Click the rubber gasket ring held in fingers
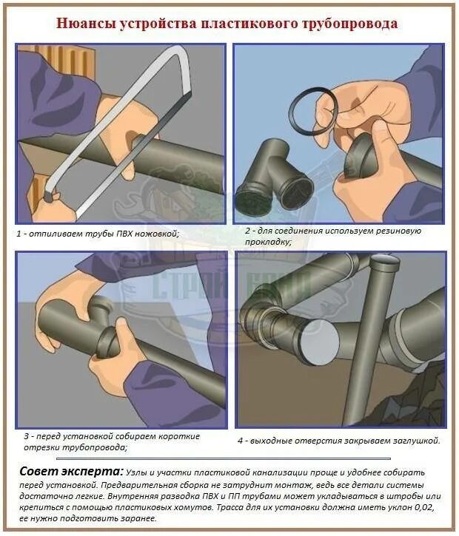click(x=313, y=112)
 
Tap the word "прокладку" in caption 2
click(x=268, y=242)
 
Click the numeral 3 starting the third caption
click(x=26, y=436)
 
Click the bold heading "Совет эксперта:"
click(x=71, y=472)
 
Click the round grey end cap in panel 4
click(x=319, y=342)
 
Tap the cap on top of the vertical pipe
click(x=386, y=262)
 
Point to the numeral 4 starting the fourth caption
click(x=241, y=441)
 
